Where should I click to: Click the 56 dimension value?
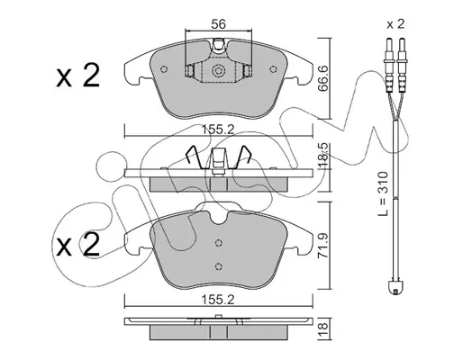[x=218, y=24]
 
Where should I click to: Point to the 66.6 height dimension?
[x=323, y=79]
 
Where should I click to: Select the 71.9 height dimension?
[x=323, y=247]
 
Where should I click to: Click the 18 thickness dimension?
[x=324, y=329]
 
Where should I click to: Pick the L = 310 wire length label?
[x=384, y=193]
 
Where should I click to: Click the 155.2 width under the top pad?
[x=218, y=130]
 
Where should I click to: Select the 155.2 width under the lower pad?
[x=218, y=300]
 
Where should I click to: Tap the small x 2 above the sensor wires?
[x=395, y=24]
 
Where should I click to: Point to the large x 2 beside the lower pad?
[x=77, y=245]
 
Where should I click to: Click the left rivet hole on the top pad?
[x=164, y=69]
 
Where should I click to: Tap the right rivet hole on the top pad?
[x=273, y=69]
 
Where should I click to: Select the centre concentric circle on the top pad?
[x=218, y=71]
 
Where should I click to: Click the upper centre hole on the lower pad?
[x=219, y=242]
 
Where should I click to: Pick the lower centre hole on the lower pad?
[x=219, y=265]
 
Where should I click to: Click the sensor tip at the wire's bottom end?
[x=395, y=288]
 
